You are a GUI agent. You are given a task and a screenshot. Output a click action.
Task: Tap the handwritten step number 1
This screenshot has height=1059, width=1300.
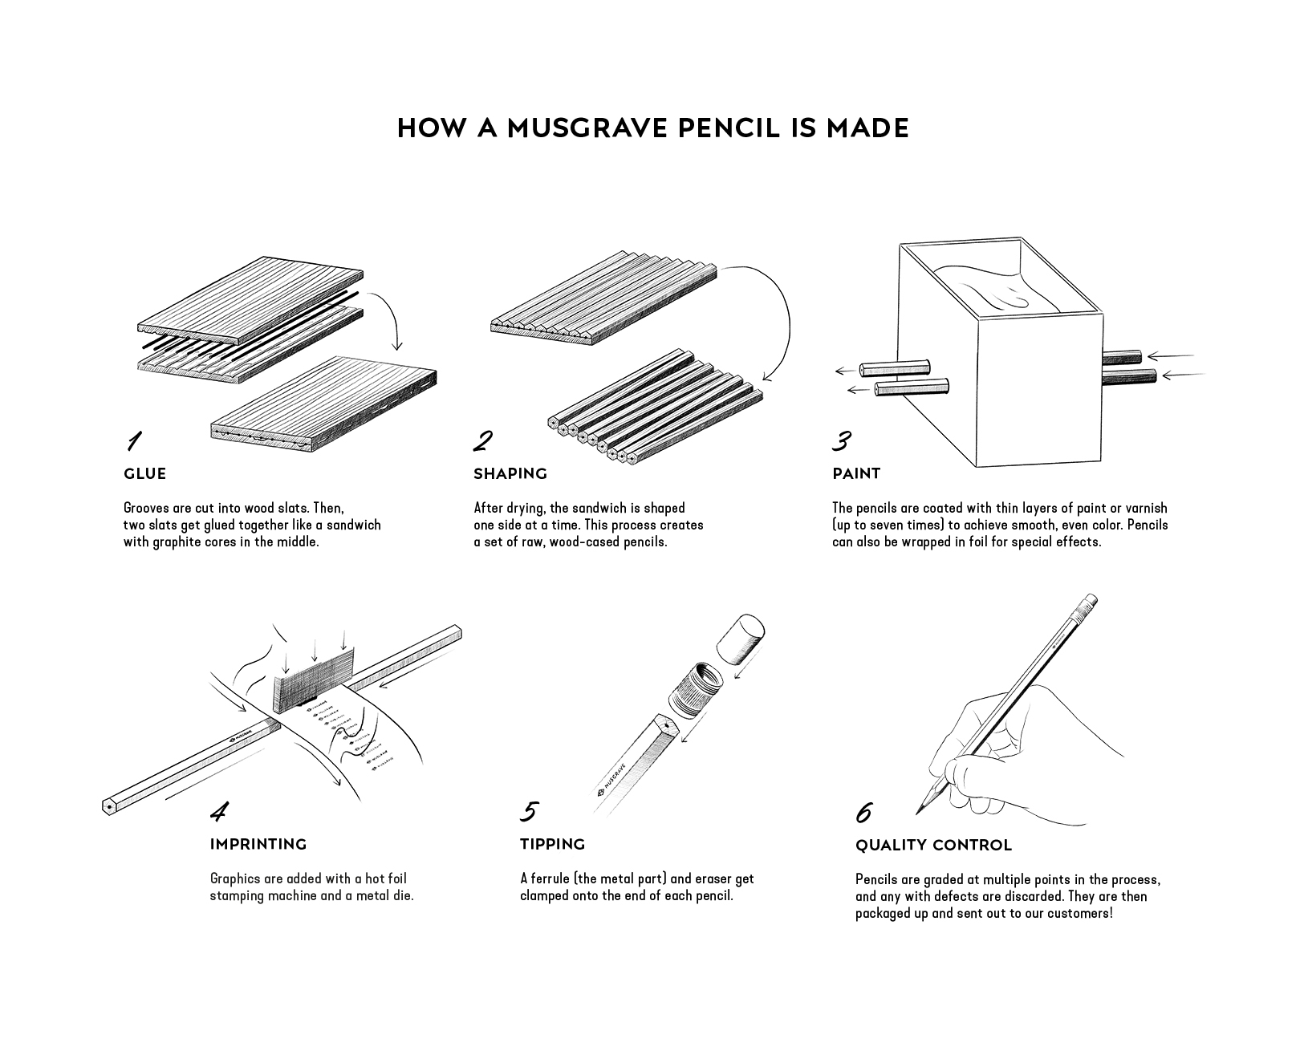coord(134,440)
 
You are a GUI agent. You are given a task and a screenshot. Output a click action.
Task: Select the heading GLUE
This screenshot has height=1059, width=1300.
coord(144,474)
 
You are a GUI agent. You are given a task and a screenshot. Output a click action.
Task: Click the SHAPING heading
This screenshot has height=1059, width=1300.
coord(510,474)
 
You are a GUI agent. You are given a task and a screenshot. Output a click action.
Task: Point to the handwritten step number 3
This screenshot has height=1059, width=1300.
coord(842,440)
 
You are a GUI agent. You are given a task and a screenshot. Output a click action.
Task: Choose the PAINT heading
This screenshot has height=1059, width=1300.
coord(856,474)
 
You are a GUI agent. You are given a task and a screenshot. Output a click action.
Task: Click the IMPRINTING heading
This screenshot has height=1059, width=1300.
coord(258,844)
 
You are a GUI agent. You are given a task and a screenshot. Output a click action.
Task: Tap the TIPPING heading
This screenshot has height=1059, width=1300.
coord(552,844)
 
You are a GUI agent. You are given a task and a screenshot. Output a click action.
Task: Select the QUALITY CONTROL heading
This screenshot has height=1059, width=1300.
coord(933,845)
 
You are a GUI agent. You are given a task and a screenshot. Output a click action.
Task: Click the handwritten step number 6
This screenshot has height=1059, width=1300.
coord(864,812)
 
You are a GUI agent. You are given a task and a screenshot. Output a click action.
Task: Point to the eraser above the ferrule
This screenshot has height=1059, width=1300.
coord(741,638)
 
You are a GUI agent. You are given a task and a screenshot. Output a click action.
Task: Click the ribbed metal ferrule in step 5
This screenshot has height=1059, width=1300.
coord(696,690)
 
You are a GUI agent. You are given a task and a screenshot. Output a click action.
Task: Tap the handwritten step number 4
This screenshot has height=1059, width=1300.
coord(219,811)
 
